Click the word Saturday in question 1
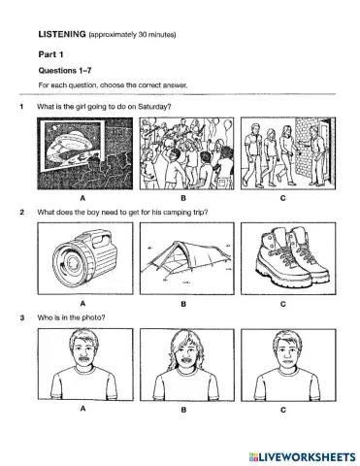tap(157, 105)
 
